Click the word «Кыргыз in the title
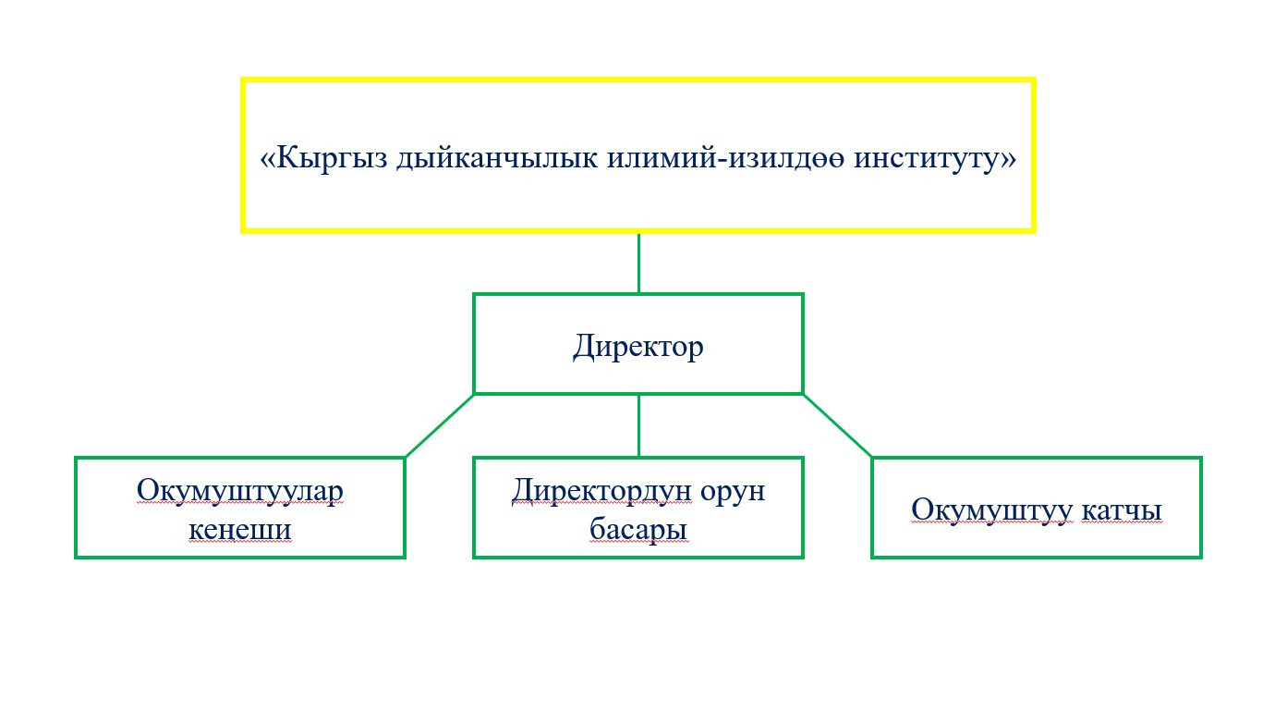coord(323,158)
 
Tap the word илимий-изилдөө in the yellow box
coord(725,158)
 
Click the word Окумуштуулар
coord(239,491)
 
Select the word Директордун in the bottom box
coord(601,491)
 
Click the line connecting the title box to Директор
coord(638,263)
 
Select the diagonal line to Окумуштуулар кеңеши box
coord(440,425)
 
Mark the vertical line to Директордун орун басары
coord(638,425)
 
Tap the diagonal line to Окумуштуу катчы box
coord(837,425)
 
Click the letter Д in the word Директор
coord(585,347)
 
